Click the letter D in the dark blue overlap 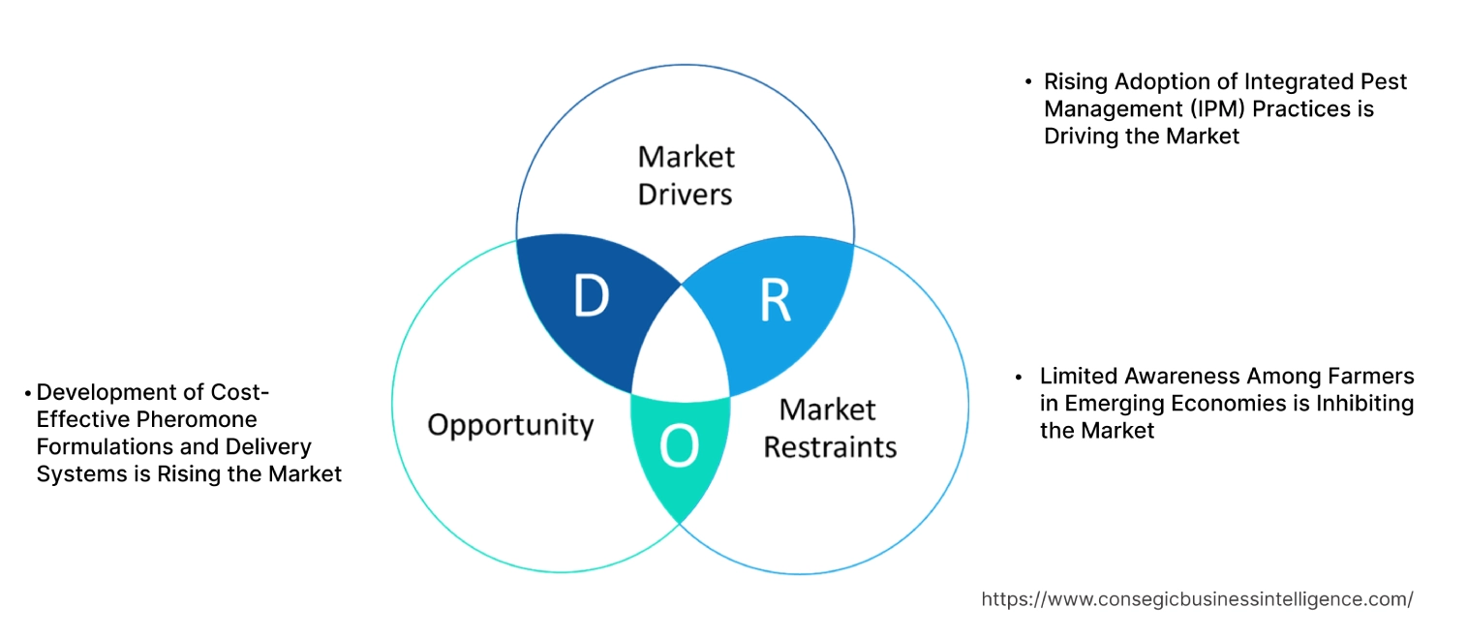pos(591,297)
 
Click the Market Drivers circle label pos(686,175)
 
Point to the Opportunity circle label pos(510,424)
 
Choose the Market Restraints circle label pos(830,428)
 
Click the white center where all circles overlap pos(682,349)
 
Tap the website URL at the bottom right pos(1197,599)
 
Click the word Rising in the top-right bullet pos(1075,82)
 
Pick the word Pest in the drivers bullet pos(1384,82)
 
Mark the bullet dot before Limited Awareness pos(1019,377)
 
